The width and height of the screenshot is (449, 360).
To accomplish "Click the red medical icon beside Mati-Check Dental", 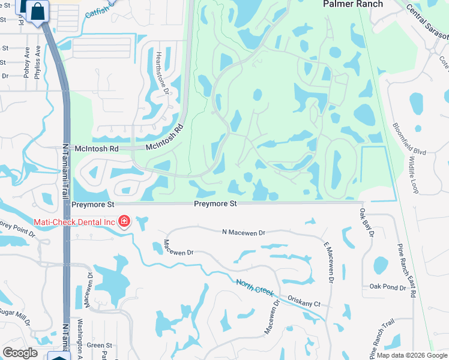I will [124, 222].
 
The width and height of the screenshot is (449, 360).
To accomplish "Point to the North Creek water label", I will [255, 287].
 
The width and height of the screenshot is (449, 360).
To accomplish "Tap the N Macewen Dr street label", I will [243, 232].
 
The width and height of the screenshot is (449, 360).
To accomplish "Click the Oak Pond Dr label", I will [388, 287].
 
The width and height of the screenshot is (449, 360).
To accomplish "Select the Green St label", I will [99, 345].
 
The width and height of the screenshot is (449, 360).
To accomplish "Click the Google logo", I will [20, 353].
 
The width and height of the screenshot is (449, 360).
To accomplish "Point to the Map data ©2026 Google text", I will [411, 355].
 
